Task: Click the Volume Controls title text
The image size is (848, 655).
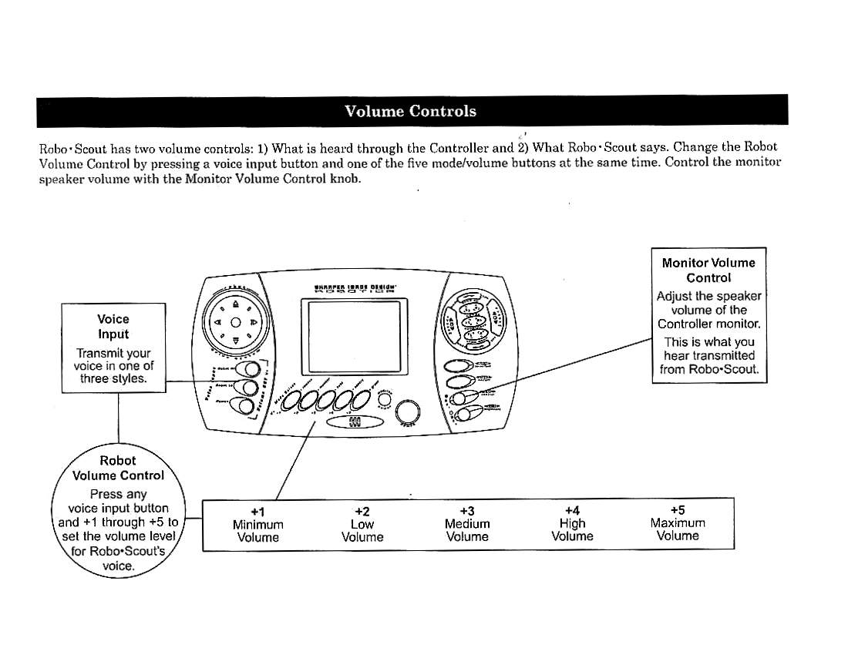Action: pyautogui.click(x=410, y=111)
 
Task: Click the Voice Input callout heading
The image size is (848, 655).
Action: pyautogui.click(x=113, y=327)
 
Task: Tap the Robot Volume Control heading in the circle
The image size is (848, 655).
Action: pyautogui.click(x=118, y=468)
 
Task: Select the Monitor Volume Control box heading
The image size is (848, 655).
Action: pyautogui.click(x=708, y=270)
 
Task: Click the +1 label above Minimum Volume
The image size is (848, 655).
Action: pyautogui.click(x=257, y=512)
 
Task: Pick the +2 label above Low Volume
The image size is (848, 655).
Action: pyautogui.click(x=362, y=512)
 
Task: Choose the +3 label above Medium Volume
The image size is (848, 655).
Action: pyautogui.click(x=467, y=512)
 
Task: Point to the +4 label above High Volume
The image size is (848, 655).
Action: pyautogui.click(x=572, y=512)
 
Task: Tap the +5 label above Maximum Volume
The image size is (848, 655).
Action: pyautogui.click(x=678, y=512)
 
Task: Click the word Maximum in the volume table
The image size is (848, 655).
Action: pyautogui.click(x=678, y=524)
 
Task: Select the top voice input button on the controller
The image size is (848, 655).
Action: pyautogui.click(x=247, y=375)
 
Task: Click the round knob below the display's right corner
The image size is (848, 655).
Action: pyautogui.click(x=409, y=412)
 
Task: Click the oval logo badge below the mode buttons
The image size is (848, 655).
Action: pyautogui.click(x=355, y=423)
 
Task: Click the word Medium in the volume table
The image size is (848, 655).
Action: pyautogui.click(x=467, y=524)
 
